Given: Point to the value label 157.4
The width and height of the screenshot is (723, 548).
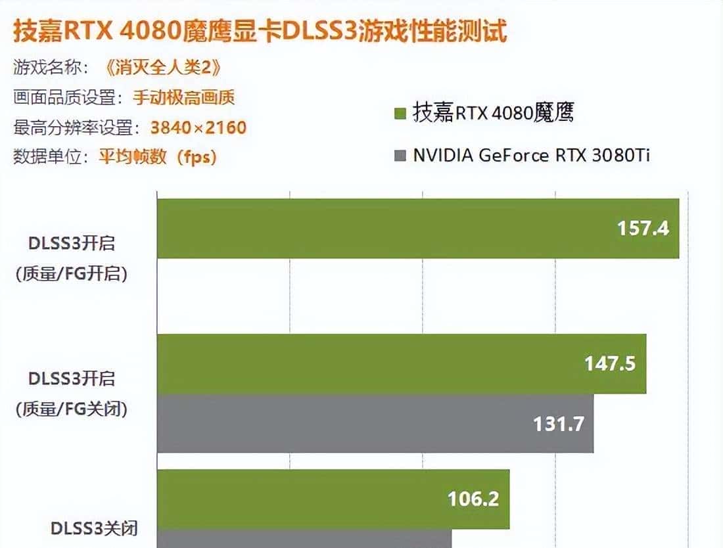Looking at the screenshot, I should point(643,228).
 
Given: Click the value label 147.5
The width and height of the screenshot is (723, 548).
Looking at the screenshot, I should point(610,363).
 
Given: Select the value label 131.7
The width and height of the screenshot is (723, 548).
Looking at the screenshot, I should point(558,424).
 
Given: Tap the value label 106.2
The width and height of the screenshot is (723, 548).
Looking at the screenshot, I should point(473,499).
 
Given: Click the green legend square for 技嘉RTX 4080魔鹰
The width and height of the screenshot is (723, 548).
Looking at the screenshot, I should point(400,114).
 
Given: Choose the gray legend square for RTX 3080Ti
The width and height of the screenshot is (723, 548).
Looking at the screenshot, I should point(400,156).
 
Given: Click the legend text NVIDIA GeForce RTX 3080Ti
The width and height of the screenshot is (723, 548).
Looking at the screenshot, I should point(532,156).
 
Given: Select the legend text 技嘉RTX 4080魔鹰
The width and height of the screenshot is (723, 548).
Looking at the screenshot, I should point(493,113).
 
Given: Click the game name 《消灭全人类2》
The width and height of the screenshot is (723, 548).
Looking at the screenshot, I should point(162,68).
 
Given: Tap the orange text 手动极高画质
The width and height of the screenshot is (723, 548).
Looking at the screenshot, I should point(184,98).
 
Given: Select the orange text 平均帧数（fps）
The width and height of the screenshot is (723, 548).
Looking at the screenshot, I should point(158,158).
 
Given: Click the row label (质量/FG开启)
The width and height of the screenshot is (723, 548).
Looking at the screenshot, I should point(72,273).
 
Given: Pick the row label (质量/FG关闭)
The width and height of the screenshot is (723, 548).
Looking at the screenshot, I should point(72,409).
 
